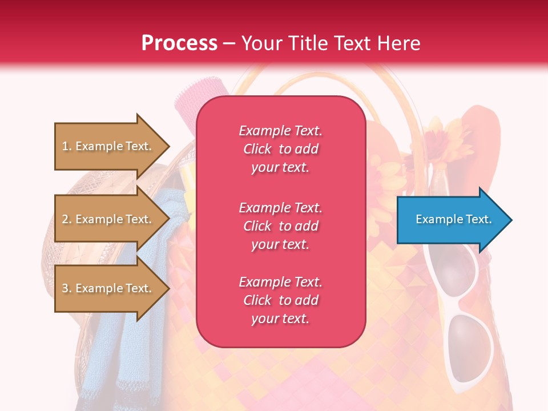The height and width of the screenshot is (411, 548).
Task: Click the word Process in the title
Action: [x=179, y=43]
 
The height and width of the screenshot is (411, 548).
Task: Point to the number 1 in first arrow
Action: [x=65, y=147]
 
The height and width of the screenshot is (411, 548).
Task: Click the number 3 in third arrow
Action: [x=65, y=289]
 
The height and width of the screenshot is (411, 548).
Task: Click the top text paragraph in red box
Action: [x=280, y=149]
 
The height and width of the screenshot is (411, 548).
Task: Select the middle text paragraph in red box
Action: [x=280, y=226]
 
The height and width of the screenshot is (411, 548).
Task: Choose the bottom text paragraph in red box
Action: [x=280, y=300]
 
